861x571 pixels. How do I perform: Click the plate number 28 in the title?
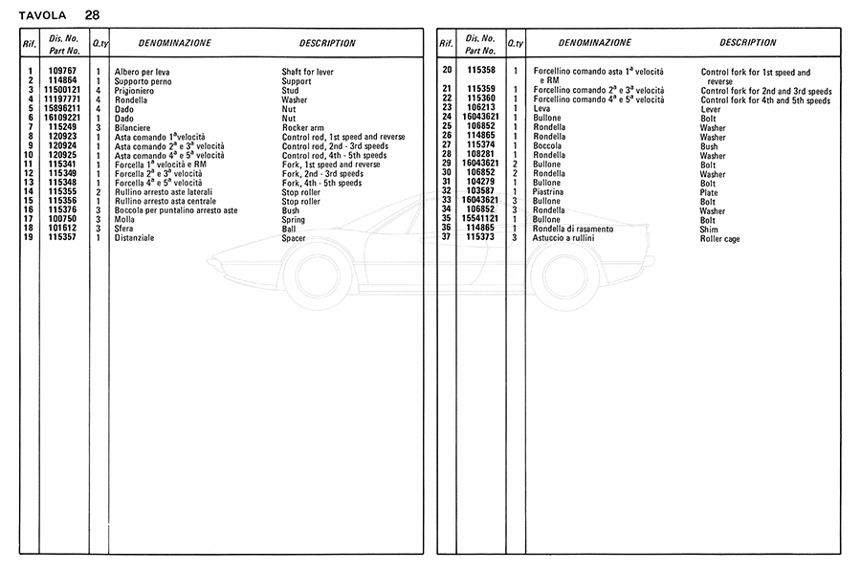(91, 14)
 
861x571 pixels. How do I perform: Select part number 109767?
(63, 72)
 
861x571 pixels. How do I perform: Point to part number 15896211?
(63, 109)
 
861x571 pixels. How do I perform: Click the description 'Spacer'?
(294, 238)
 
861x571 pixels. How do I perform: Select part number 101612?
(63, 229)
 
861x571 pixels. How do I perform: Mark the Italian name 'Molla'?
(124, 220)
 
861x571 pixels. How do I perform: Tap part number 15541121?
(481, 220)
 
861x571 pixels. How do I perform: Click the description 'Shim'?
(709, 230)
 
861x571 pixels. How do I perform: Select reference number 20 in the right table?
(446, 71)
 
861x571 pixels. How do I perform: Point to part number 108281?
(481, 155)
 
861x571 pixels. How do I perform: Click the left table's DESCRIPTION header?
(327, 43)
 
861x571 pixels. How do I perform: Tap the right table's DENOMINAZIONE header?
(595, 43)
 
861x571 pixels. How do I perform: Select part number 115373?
(481, 237)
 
